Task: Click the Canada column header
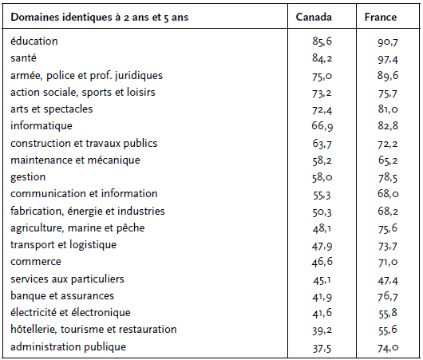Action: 314,17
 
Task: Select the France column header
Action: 381,17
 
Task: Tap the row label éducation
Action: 34,41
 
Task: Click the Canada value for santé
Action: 322,58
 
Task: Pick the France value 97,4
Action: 388,59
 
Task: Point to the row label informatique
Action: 42,126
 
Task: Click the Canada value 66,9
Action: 322,126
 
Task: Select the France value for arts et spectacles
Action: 388,109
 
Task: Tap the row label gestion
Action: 28,177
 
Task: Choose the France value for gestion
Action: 388,177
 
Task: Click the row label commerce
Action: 36,262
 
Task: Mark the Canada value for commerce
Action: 322,262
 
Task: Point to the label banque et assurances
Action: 62,296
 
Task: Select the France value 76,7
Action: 388,296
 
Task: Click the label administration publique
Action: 68,346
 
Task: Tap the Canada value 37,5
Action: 322,348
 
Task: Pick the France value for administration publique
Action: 388,347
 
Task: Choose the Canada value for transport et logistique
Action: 322,246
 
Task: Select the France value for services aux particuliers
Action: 388,281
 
